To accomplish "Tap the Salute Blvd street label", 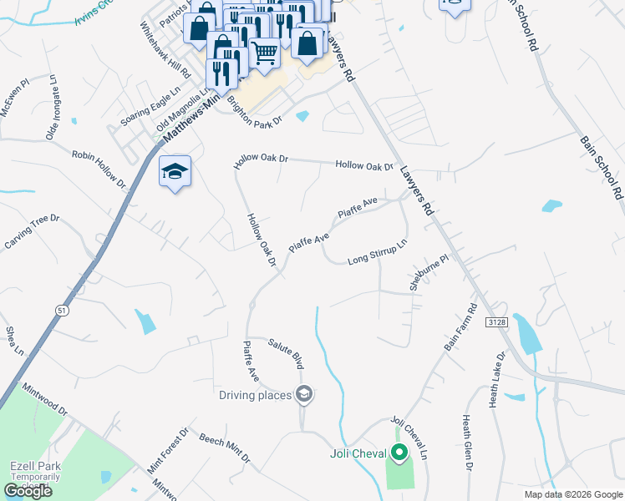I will tap(285, 354).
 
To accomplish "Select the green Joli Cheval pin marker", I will tap(399, 453).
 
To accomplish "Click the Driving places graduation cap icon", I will tap(304, 394).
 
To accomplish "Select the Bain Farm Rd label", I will tap(460, 326).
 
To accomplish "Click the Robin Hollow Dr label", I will tap(98, 168).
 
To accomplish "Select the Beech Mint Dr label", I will tap(224, 448).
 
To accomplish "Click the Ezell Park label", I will tap(33, 467).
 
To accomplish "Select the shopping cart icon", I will tap(265, 53).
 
